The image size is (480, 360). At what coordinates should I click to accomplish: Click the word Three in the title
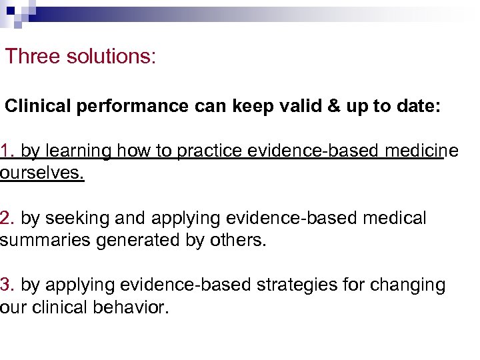point(33,57)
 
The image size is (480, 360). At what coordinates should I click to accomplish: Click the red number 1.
point(7,151)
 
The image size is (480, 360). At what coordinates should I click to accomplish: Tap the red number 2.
point(7,218)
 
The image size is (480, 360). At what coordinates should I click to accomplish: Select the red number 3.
point(7,285)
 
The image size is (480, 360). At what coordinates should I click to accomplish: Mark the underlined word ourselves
point(42,173)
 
